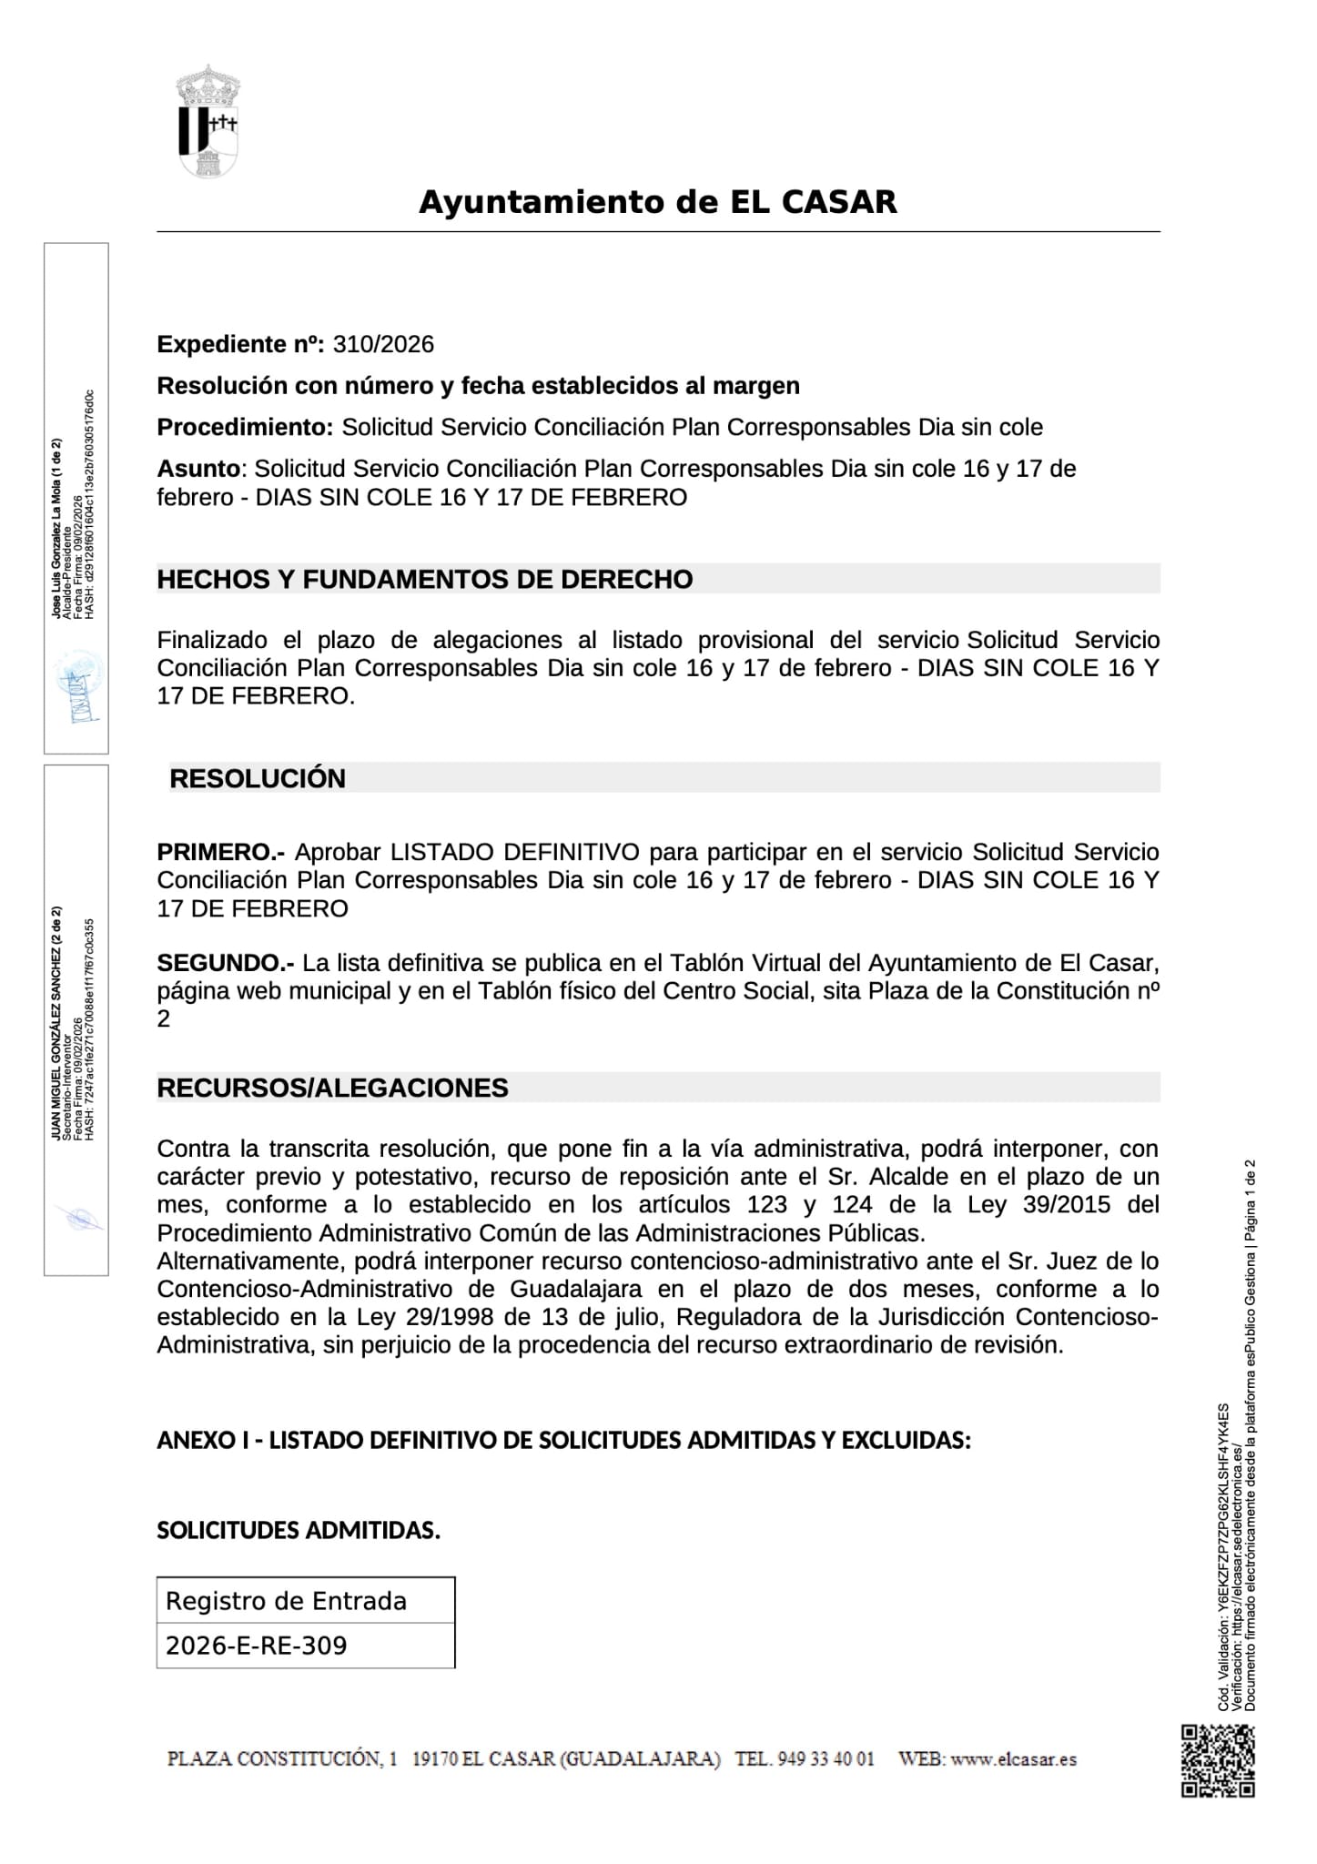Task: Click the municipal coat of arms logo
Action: point(208,122)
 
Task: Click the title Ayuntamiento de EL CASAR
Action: point(657,202)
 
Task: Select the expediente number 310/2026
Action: point(383,345)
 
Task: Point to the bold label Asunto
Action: point(199,470)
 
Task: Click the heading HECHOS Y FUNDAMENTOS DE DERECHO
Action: point(425,580)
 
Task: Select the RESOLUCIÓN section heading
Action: point(258,779)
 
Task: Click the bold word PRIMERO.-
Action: point(221,853)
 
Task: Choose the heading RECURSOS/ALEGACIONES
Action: point(332,1089)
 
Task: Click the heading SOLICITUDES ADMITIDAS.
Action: point(299,1531)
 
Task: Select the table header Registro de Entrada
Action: point(286,1601)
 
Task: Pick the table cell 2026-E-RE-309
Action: point(256,1646)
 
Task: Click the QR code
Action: point(1218,1761)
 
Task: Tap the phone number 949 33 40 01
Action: point(826,1759)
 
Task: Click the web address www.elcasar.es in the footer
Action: point(1013,1759)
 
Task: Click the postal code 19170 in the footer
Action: point(434,1759)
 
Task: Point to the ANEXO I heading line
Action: point(563,1441)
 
